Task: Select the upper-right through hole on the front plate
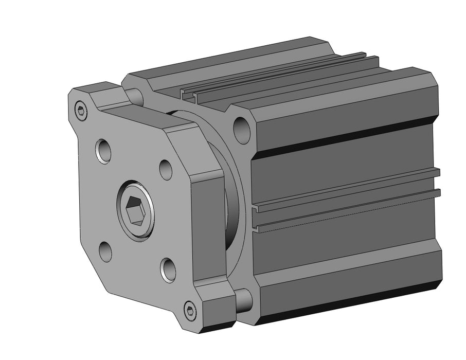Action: (x=166, y=169)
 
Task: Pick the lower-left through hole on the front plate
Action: (x=105, y=251)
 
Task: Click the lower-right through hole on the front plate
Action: (x=168, y=269)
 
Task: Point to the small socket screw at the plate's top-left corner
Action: (x=80, y=110)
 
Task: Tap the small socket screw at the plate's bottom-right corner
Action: (x=191, y=310)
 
